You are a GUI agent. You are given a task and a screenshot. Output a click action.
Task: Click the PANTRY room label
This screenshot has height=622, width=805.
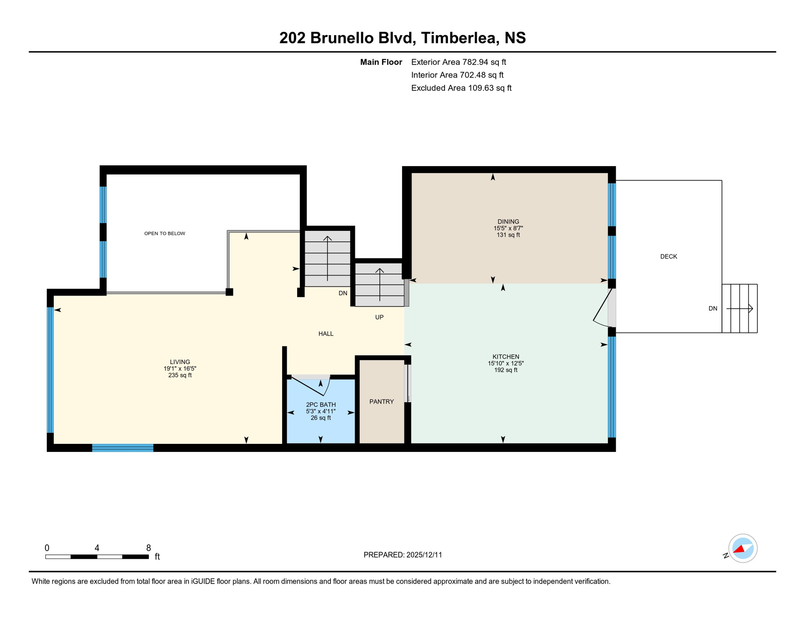click(381, 402)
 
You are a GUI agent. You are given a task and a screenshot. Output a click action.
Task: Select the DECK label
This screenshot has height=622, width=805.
click(669, 257)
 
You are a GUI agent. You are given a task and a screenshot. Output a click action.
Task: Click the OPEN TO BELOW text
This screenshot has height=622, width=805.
click(165, 234)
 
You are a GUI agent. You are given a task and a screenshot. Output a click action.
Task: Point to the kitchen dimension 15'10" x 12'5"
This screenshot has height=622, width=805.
click(506, 364)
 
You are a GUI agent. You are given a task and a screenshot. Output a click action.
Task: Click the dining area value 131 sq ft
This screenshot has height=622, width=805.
click(508, 235)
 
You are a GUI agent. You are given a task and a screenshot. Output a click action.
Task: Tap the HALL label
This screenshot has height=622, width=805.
click(326, 334)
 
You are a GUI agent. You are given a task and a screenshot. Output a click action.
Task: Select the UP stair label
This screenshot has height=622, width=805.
click(379, 317)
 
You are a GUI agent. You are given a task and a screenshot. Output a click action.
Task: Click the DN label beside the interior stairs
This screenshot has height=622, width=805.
click(343, 294)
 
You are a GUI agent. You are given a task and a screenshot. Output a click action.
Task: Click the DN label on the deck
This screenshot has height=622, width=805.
click(713, 309)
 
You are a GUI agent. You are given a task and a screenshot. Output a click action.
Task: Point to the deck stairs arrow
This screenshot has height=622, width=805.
click(740, 309)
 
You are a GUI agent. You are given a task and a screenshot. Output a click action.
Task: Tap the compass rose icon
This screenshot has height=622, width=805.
click(743, 549)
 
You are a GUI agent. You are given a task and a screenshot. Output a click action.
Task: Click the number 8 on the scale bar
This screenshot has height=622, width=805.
click(149, 548)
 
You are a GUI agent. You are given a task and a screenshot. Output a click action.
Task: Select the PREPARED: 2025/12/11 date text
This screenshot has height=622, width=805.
click(403, 555)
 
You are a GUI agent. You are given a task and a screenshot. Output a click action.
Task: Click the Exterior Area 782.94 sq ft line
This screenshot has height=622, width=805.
click(458, 62)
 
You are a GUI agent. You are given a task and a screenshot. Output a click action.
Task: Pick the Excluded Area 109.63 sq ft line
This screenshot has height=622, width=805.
click(461, 88)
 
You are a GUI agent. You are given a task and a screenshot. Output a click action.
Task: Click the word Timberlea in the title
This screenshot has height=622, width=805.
click(458, 38)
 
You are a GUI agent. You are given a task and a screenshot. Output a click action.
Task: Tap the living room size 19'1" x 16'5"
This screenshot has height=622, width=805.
click(180, 369)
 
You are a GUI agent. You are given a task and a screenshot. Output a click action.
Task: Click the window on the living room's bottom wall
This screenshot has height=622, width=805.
click(123, 448)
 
